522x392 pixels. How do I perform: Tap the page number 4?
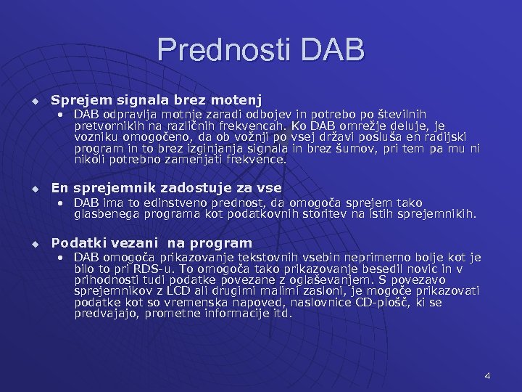click(x=487, y=376)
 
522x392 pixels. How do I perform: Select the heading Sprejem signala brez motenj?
click(x=157, y=99)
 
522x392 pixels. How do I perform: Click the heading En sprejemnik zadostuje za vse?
click(x=166, y=188)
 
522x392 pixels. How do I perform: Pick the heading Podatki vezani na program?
click(x=152, y=243)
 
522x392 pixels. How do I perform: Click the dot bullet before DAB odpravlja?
click(x=62, y=115)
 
